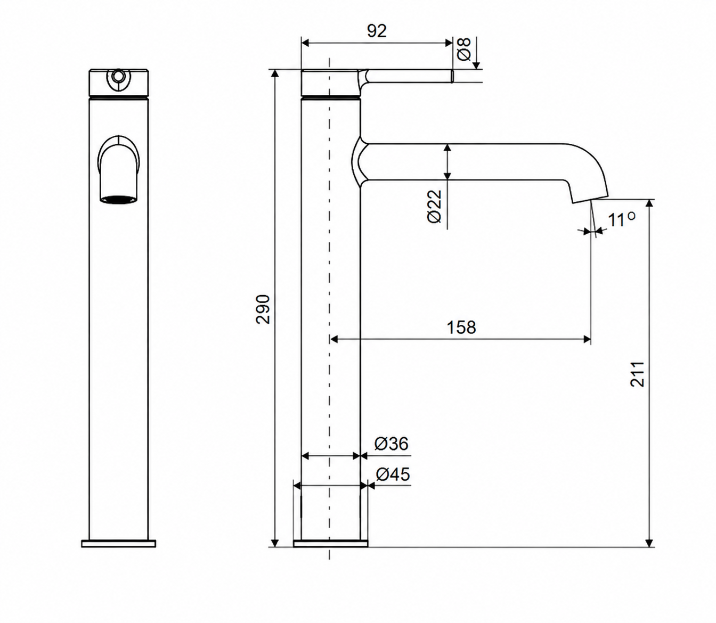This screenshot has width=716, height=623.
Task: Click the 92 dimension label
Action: click(x=377, y=31)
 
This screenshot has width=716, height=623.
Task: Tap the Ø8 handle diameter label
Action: click(x=465, y=50)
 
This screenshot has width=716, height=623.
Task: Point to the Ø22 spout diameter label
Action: click(x=435, y=207)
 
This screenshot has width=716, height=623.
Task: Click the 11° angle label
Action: click(x=622, y=220)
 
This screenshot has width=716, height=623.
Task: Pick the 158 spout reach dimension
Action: click(x=461, y=327)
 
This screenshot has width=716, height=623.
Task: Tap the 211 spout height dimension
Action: click(x=637, y=374)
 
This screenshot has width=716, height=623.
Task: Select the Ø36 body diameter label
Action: click(x=391, y=444)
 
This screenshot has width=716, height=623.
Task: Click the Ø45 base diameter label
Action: click(x=393, y=474)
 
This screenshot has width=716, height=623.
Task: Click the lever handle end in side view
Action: click(x=452, y=76)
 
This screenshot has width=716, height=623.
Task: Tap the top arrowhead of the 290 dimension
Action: click(x=275, y=73)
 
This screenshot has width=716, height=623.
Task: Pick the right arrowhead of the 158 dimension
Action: click(x=587, y=339)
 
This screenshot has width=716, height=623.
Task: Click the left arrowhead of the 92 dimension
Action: click(x=305, y=43)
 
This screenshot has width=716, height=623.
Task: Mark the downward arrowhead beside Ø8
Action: click(x=476, y=65)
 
